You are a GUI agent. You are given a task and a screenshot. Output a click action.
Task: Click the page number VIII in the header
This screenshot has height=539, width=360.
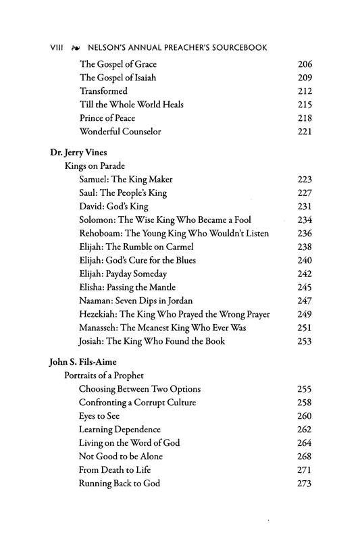pyautogui.click(x=59, y=49)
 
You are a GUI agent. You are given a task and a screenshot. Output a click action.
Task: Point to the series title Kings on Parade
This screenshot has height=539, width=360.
pyautogui.click(x=96, y=165)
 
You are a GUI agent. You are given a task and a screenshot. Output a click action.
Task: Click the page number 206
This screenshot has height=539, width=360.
pyautogui.click(x=305, y=64)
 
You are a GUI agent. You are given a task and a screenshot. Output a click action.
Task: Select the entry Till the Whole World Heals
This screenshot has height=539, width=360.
pyautogui.click(x=131, y=104)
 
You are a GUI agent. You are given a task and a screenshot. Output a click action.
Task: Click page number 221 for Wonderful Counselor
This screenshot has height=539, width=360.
pyautogui.click(x=305, y=130)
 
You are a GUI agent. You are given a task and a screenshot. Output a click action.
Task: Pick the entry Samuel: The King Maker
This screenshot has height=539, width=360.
pyautogui.click(x=126, y=179)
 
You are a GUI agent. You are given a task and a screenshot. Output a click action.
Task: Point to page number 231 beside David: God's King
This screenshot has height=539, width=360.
pyautogui.click(x=305, y=206)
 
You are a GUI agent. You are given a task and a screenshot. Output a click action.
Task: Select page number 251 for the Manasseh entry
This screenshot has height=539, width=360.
pyautogui.click(x=305, y=328)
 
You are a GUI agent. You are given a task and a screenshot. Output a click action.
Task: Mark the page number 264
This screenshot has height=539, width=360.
pyautogui.click(x=305, y=442)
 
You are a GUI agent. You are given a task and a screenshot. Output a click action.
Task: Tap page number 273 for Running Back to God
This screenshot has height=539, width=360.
pyautogui.click(x=305, y=484)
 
